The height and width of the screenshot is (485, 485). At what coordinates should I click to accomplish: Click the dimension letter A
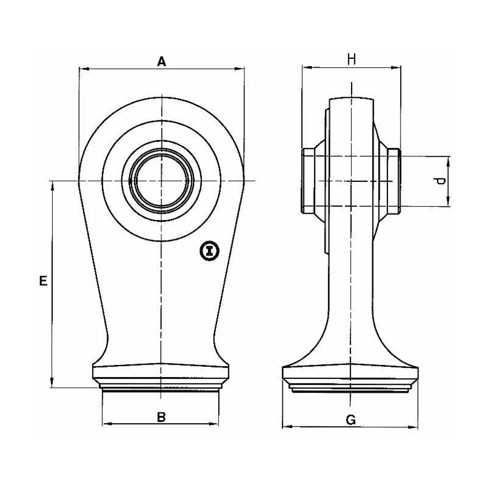point(161,62)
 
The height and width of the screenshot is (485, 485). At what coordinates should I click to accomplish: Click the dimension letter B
point(161,417)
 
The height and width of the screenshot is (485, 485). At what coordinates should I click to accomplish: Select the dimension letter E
point(43,281)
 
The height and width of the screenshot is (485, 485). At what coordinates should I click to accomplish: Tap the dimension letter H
point(352,59)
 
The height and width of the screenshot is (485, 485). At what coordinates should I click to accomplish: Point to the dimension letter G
point(351,420)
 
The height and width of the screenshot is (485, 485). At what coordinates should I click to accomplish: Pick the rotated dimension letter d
point(440,181)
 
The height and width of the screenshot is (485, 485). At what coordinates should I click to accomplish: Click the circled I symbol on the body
point(210,250)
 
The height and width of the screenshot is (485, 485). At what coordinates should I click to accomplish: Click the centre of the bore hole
point(161,181)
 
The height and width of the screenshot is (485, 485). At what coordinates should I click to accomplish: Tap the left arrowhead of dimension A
point(84,69)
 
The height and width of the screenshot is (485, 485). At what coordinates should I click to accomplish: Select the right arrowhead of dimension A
point(239,69)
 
